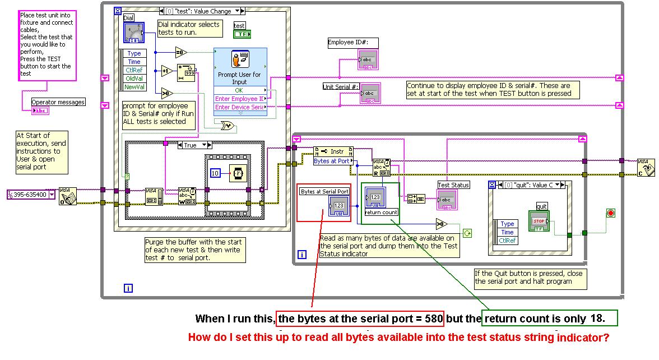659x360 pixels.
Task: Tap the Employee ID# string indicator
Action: pyautogui.click(x=368, y=60)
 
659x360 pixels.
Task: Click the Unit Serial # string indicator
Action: pyautogui.click(x=370, y=93)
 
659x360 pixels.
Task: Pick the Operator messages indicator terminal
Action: pyautogui.click(x=40, y=110)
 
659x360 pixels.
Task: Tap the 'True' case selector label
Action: pyautogui.click(x=191, y=145)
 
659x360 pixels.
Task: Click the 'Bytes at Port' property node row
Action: pyautogui.click(x=333, y=161)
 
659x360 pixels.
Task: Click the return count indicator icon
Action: pyautogui.click(x=374, y=197)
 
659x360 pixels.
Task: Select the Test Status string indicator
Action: pyautogui.click(x=447, y=200)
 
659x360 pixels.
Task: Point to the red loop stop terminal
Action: pyautogui.click(x=610, y=213)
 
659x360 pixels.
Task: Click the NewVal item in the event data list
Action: pyautogui.click(x=134, y=87)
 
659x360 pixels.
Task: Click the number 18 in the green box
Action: pyautogui.click(x=597, y=319)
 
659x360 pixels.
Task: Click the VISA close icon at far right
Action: pyautogui.click(x=646, y=167)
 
